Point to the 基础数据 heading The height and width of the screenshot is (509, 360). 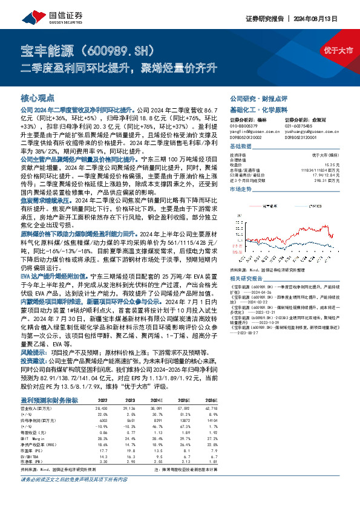[x=240, y=146]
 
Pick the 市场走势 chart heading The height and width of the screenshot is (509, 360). [x=240, y=189]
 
